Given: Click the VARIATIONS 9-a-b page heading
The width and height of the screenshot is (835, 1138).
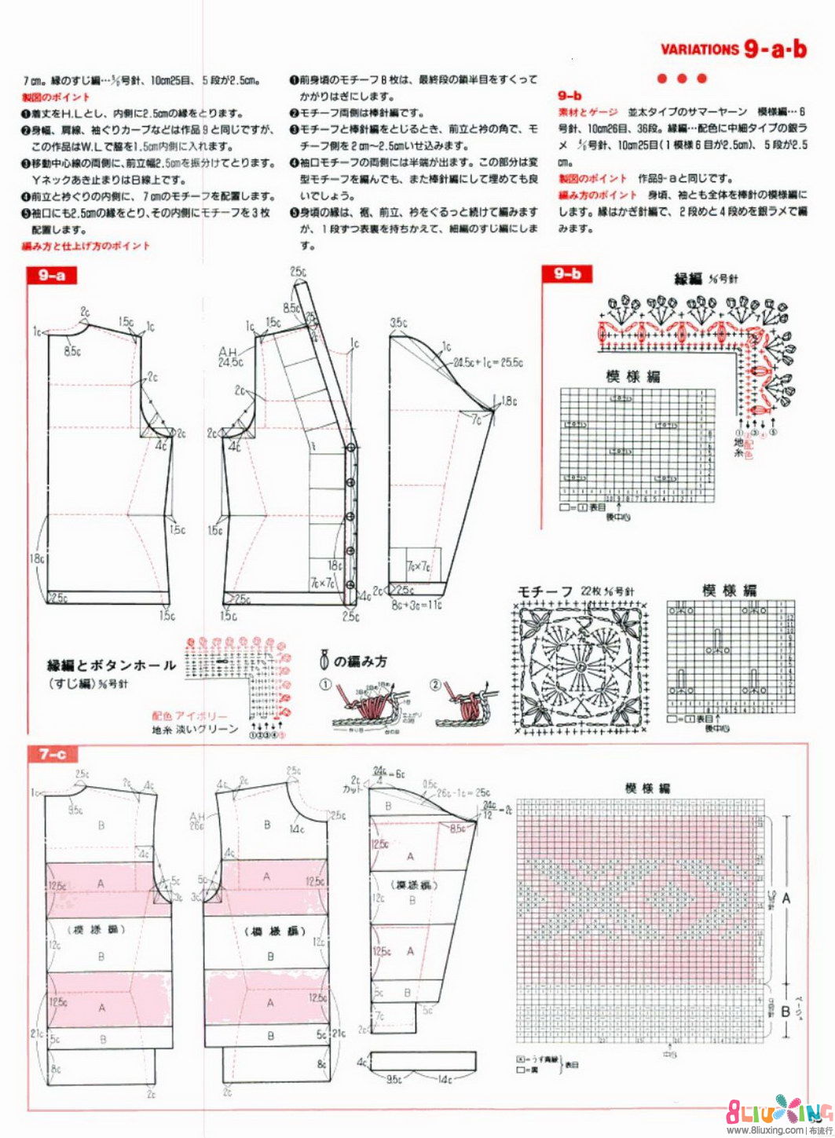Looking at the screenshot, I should pos(734,49).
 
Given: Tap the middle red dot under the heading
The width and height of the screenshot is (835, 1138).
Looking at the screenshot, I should pos(682,79).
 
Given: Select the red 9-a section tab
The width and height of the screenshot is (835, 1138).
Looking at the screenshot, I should pos(51,275).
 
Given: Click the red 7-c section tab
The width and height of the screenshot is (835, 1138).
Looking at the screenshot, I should pos(53,755).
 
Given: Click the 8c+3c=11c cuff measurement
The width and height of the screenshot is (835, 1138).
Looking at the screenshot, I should pos(416,606).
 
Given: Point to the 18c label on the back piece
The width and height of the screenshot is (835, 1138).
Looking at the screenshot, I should pos(35,558).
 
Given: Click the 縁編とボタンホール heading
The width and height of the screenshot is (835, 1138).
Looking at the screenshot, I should pos(112,665).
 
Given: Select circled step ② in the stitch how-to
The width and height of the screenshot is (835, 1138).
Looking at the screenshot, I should pos(435,684).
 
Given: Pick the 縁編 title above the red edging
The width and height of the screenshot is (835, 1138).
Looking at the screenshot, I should pos(688,279).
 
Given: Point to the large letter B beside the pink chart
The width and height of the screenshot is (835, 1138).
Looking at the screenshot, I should pos(785,1010).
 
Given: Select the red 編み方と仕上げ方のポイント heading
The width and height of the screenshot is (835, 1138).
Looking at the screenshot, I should pos(86,246).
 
